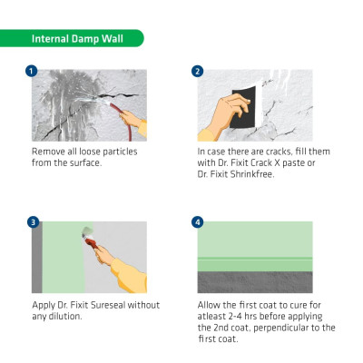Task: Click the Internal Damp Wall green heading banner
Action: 72,38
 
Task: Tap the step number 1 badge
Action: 32,72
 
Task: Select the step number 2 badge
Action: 198,72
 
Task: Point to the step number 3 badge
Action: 33,222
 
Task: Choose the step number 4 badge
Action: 198,222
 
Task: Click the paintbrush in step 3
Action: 90,238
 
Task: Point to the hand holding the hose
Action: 131,119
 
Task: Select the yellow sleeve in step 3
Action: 130,275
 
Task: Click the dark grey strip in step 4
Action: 255,282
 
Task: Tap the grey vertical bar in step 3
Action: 37,257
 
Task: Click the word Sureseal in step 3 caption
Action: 108,305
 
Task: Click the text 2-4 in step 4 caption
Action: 233,317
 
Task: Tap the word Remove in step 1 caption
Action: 48,152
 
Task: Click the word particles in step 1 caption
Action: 120,152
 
